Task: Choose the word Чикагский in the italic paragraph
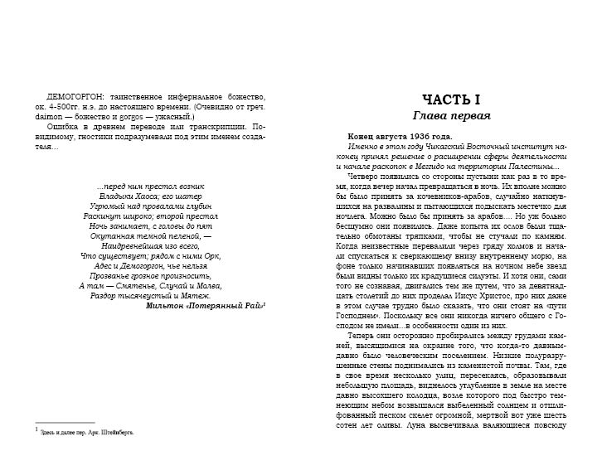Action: [x=410, y=145]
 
